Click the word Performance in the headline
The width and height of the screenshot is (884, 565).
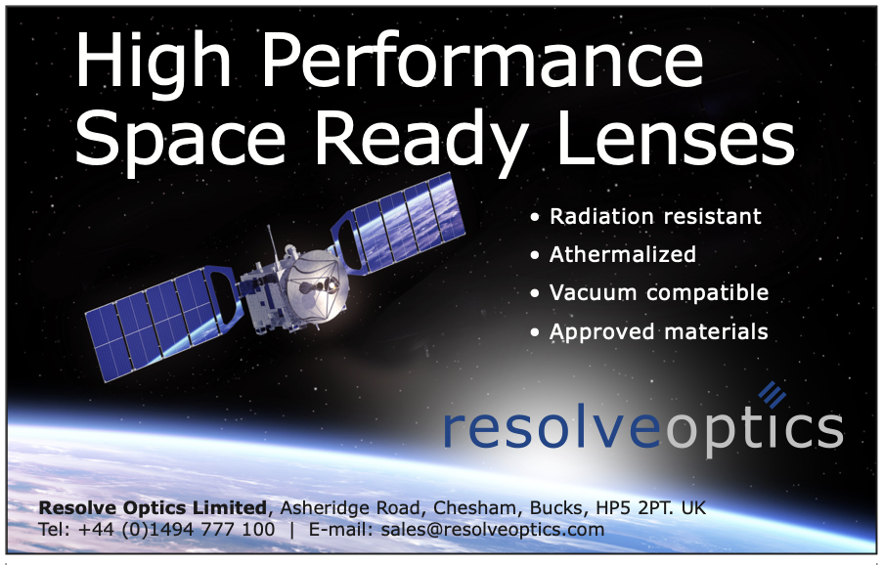click(483, 61)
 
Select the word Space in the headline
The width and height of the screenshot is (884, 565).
click(180, 141)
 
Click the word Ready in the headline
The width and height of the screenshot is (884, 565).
click(422, 141)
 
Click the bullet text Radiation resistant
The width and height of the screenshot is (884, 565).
click(655, 216)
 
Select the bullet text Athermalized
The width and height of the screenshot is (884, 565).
click(622, 254)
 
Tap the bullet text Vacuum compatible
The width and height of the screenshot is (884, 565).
click(659, 293)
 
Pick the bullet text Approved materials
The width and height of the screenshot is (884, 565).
click(658, 331)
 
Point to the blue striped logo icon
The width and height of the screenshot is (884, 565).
click(772, 394)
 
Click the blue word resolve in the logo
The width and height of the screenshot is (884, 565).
click(552, 429)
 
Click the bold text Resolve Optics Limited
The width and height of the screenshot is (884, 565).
click(153, 508)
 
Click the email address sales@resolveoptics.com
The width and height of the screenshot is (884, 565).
click(492, 530)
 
